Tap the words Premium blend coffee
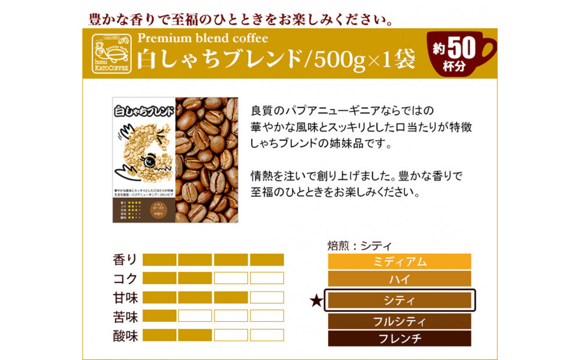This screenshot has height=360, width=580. pos(202,38)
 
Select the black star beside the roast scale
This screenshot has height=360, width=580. pos(316,300)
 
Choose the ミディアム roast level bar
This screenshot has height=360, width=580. pos(400,261)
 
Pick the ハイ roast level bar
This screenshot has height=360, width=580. pos(400,279)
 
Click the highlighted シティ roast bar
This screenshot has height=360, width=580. pos(400,300)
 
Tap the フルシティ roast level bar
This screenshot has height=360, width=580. pos(400,321)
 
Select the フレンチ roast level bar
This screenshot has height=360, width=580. pos(400,339)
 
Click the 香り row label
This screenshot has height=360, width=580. pos(125,260)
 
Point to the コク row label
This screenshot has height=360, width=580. pos(125,278)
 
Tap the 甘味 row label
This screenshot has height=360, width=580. pos(125,297)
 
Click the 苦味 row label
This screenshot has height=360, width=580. pos(125,317)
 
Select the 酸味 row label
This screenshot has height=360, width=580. pos(125,336)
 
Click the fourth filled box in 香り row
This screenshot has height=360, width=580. pos(267,260)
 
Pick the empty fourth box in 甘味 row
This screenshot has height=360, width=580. pos(267,297)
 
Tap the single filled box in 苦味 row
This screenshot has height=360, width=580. pos(159,316)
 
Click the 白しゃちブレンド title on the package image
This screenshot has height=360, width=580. pos(143,110)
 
